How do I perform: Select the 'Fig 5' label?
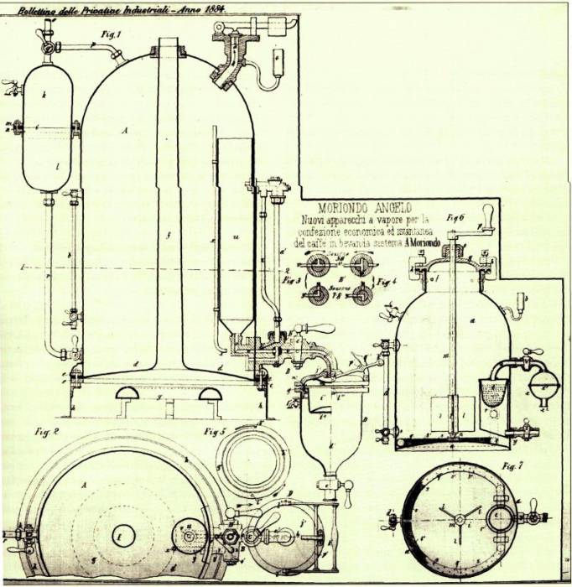214,433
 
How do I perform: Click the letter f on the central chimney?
169,236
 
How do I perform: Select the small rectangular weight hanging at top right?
278,59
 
